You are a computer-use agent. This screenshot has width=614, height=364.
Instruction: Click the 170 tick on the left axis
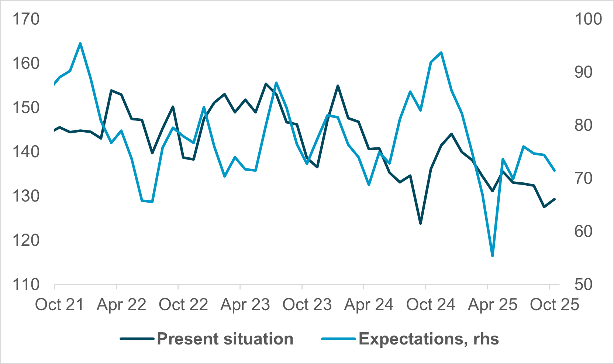click(26, 19)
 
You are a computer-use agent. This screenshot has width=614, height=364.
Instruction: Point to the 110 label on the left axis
click(26, 285)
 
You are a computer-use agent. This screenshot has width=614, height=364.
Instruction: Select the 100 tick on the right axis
click(588, 19)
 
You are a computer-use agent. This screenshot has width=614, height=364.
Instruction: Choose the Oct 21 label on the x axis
click(59, 305)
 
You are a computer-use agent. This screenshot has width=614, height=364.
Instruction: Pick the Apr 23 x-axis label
click(245, 305)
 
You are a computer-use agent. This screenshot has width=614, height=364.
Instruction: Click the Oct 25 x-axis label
click(554, 305)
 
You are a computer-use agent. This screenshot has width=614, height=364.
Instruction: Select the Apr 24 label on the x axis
click(369, 305)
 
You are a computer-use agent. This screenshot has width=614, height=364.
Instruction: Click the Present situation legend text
click(225, 339)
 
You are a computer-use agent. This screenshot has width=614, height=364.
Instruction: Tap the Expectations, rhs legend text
click(429, 339)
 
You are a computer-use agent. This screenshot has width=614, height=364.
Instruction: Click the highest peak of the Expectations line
click(80, 43)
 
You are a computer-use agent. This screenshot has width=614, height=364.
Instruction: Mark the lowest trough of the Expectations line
click(493, 256)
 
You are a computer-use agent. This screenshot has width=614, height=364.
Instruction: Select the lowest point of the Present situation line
click(420, 224)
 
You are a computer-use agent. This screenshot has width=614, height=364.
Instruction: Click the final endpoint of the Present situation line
click(555, 199)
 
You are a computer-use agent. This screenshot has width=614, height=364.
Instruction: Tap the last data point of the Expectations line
click(555, 171)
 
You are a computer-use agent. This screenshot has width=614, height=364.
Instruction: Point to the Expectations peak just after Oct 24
click(441, 52)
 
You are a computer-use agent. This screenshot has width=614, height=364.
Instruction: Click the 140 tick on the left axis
click(26, 152)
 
